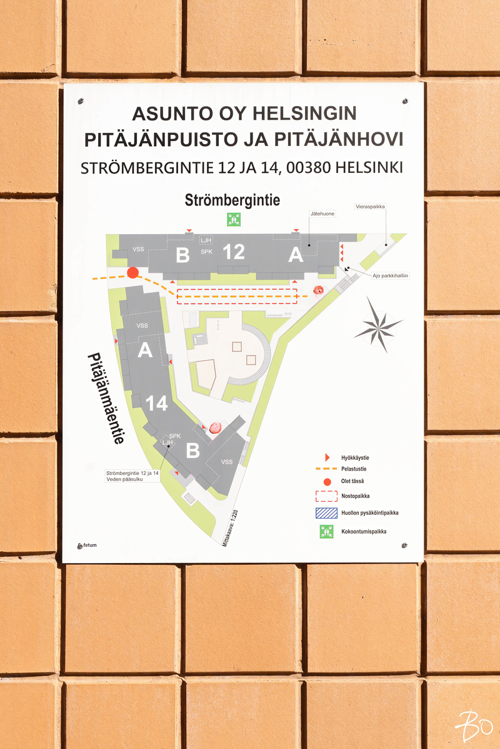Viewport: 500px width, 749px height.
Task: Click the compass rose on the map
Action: [377, 325]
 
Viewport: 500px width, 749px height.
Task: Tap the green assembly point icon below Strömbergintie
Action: [233, 220]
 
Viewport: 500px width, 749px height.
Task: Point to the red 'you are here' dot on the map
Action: [132, 272]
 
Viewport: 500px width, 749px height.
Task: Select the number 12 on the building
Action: [234, 252]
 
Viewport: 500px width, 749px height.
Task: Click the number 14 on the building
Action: [157, 404]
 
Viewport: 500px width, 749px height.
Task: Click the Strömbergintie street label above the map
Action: [232, 200]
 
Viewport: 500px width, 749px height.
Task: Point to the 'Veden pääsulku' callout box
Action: [132, 477]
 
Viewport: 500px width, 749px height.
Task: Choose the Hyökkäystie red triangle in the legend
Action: [327, 458]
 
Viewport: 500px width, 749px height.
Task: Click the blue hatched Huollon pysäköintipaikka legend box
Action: [326, 513]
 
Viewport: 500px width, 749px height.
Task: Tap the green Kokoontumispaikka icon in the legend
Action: [326, 532]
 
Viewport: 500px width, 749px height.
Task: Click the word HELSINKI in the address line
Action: [369, 168]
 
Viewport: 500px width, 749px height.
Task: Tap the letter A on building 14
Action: [145, 351]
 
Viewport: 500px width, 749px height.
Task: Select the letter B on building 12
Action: [182, 255]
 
